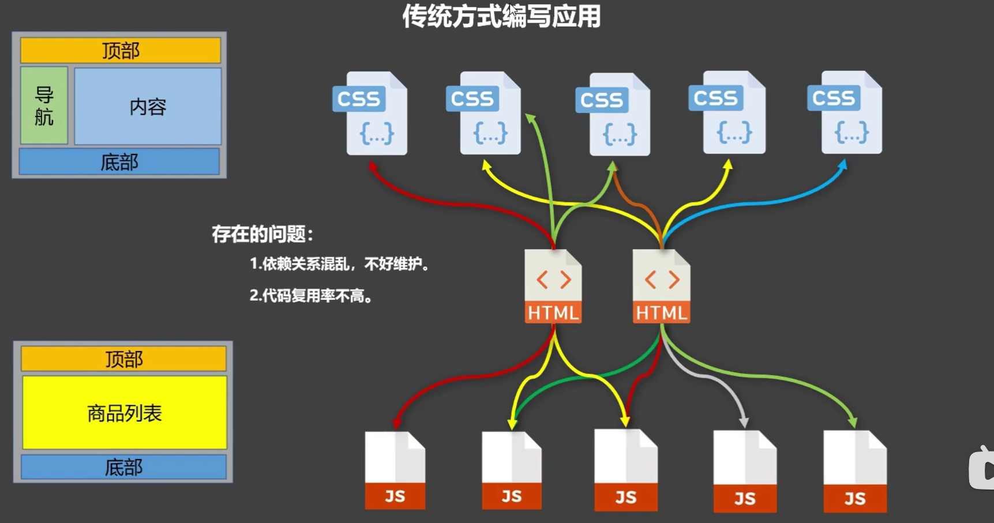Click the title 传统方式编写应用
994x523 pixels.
point(501,17)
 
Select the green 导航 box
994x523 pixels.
point(44,106)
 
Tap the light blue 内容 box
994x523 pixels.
point(148,107)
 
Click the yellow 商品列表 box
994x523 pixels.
point(125,413)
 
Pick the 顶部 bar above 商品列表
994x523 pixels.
point(123,359)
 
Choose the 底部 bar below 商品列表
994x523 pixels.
point(123,467)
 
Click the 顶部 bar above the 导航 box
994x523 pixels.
point(121,51)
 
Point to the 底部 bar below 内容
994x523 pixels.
point(119,162)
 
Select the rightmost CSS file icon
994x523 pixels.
point(846,113)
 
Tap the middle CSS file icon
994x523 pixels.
point(614,115)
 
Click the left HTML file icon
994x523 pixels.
point(553,286)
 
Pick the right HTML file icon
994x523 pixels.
point(661,286)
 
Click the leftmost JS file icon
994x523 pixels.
point(395,470)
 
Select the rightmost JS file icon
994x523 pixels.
point(855,471)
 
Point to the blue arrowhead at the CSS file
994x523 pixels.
point(843,165)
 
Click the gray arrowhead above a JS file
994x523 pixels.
point(744,423)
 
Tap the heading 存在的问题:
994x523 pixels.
point(262,234)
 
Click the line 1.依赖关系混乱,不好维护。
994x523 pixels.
point(339,264)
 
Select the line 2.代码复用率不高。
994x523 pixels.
point(311,296)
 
